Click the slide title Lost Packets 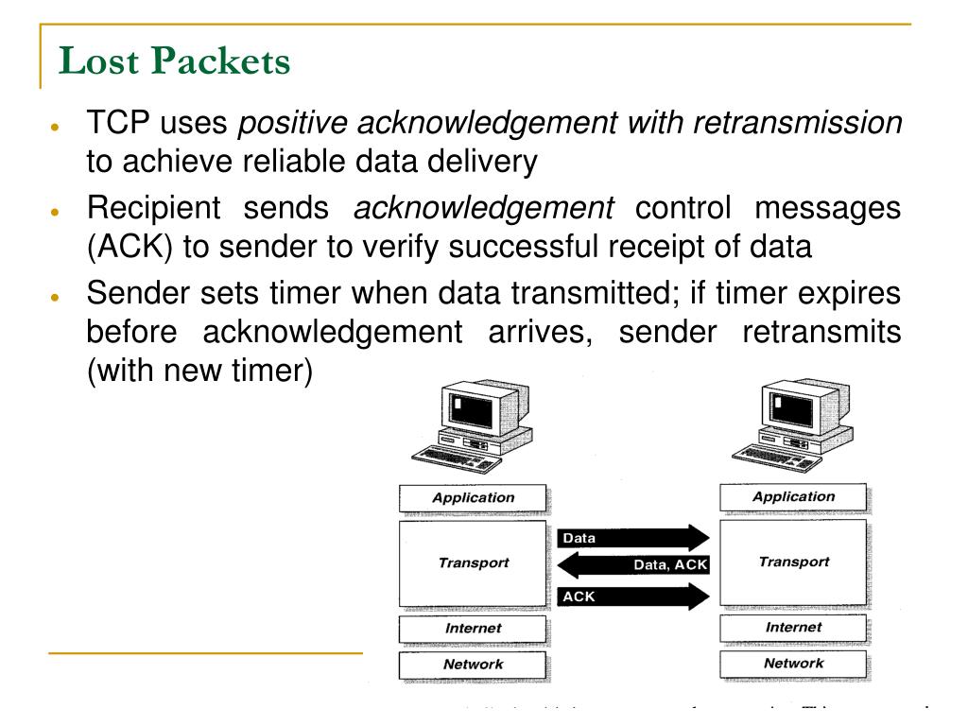click(x=175, y=61)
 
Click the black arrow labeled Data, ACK click(x=633, y=566)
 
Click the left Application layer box click(x=474, y=497)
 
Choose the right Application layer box click(x=793, y=496)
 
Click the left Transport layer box click(x=474, y=562)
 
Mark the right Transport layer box click(x=793, y=562)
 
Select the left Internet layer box click(x=474, y=628)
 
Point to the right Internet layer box click(x=793, y=627)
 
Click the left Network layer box click(x=474, y=664)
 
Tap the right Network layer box click(x=793, y=663)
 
